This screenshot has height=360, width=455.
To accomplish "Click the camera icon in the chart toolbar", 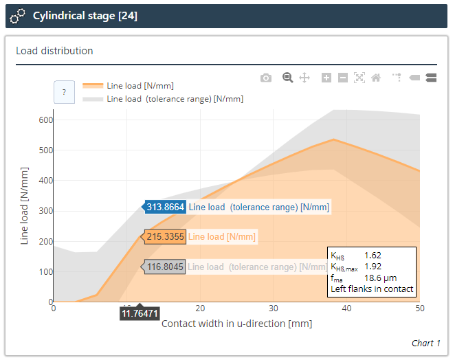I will tap(266, 78).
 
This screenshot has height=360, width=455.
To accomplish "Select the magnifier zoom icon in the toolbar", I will tap(288, 78).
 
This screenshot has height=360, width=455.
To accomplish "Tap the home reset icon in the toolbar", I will tap(376, 78).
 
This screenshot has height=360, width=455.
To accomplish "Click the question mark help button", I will tap(64, 92).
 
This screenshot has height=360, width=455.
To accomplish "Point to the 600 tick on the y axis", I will tap(45, 120).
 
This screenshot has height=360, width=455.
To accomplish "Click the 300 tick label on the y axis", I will tap(45, 211).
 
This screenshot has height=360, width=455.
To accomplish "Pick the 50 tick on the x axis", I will tap(419, 308).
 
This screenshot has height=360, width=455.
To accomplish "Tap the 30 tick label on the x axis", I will tap(273, 308).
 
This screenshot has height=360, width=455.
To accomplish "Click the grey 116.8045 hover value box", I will tap(165, 267).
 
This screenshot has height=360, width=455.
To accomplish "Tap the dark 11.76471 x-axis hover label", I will tap(140, 313).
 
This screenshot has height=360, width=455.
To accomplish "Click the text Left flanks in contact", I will tap(372, 289).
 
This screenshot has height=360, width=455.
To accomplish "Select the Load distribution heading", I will tap(54, 51).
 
